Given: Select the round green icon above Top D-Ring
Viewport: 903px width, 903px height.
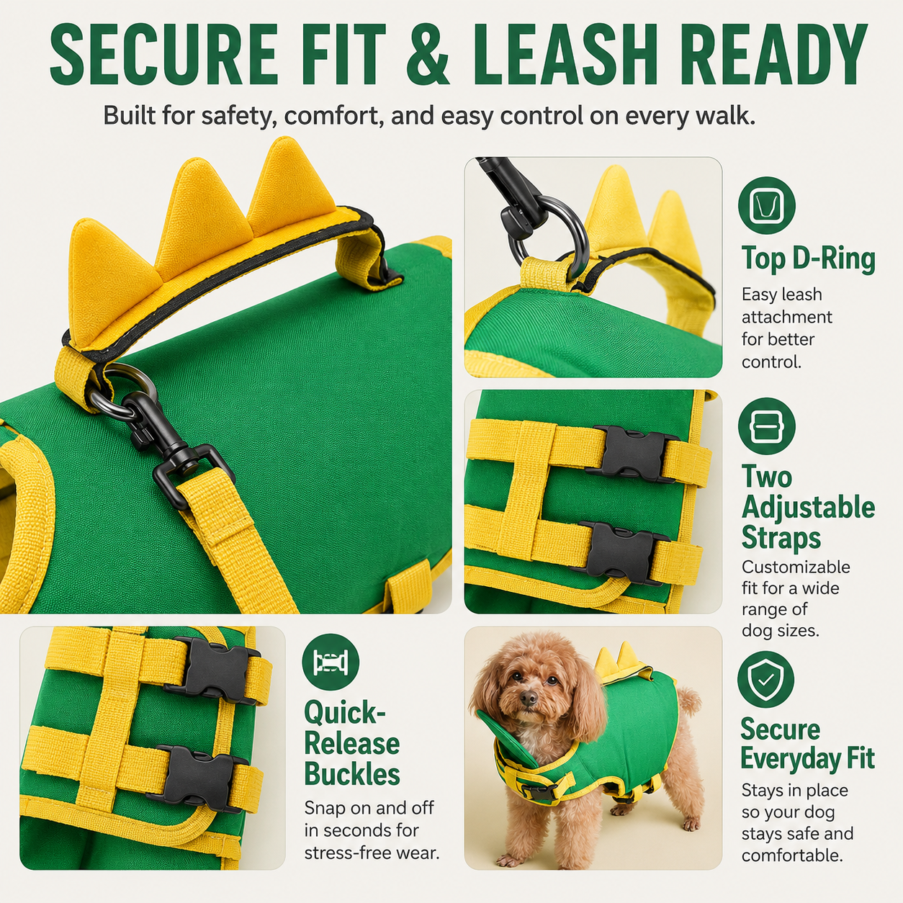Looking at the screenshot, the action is pos(767,205).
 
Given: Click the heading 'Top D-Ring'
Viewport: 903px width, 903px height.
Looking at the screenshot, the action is pos(809,259).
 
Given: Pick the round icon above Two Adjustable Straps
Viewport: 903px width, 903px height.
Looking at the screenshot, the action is pos(767,426).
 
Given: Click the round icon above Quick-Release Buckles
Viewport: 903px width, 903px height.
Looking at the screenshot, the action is pos(331,662).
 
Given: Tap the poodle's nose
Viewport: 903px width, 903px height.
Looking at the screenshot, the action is pos(529,699).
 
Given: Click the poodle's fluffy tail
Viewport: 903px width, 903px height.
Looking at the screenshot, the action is pos(689,702).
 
